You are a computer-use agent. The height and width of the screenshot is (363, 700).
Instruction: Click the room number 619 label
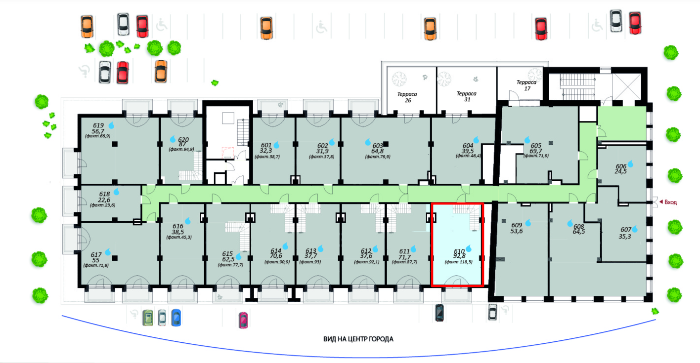(x=98, y=125)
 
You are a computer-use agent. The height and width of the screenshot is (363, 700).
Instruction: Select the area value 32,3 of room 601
(x=266, y=151)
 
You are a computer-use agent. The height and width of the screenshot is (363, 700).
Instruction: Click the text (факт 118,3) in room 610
(x=459, y=262)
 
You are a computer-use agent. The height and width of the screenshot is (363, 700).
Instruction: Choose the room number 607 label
(x=626, y=230)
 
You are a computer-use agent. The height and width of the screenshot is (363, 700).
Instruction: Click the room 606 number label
(x=621, y=166)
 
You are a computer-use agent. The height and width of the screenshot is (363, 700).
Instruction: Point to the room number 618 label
(x=104, y=194)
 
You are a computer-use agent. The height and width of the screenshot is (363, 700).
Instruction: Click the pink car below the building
(x=243, y=320)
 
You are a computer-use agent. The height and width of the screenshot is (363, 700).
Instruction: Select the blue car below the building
(x=176, y=318)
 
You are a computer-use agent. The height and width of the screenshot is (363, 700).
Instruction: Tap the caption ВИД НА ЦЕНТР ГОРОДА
(x=358, y=340)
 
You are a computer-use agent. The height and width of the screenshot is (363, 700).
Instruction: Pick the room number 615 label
(x=228, y=253)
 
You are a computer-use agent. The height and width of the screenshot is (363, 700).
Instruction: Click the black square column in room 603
(x=387, y=144)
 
